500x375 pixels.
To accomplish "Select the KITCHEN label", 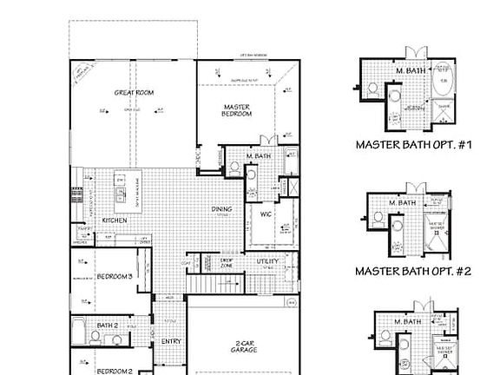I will coord(115,220).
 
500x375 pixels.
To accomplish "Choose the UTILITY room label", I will coord(267,261).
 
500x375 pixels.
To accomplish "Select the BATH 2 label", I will coord(108,325).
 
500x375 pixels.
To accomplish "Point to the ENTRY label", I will coord(171,341).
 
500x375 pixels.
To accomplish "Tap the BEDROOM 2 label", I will coord(114,371).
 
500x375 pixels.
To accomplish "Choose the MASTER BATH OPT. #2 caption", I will coord(413,271).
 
